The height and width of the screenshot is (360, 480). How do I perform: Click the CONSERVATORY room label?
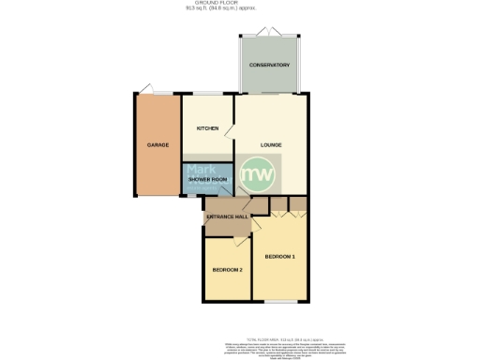click(x=269, y=65)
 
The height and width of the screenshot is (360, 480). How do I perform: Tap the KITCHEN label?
click(x=207, y=127)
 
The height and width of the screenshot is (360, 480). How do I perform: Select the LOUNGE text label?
click(x=272, y=144)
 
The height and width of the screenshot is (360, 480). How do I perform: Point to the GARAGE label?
click(x=157, y=145)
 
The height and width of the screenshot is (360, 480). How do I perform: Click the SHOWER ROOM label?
click(x=207, y=178)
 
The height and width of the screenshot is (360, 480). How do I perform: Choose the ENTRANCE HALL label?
click(x=226, y=217)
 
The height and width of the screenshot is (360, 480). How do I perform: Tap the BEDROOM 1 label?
click(x=279, y=256)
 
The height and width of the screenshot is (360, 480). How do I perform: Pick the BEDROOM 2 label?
click(x=227, y=270)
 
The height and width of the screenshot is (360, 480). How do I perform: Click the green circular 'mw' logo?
click(x=259, y=174)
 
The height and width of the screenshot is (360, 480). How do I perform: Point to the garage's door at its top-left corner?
click(x=144, y=90)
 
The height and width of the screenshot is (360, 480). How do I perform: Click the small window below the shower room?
click(x=190, y=197)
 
